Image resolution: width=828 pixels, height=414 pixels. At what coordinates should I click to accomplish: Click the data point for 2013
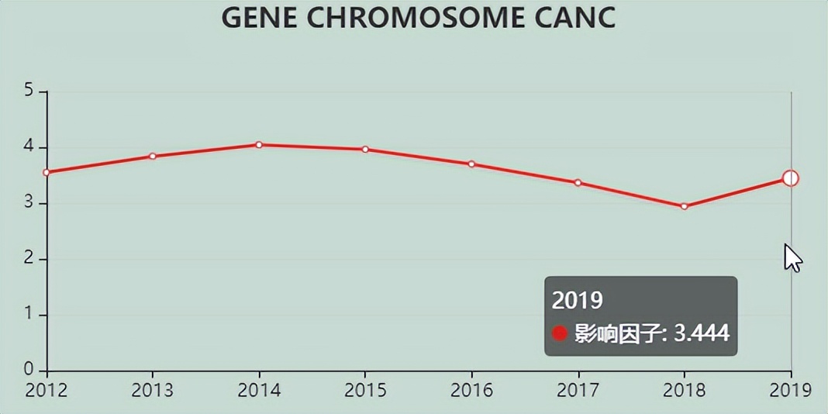[153, 156]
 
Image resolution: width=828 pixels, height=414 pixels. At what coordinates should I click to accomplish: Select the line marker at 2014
[259, 144]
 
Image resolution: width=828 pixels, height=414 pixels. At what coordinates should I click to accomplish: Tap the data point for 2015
[365, 149]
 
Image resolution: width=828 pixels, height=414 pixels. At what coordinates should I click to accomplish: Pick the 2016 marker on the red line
[471, 164]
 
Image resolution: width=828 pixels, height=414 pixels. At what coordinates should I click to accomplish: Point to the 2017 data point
[578, 182]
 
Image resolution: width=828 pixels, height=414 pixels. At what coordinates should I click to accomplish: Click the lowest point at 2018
[684, 206]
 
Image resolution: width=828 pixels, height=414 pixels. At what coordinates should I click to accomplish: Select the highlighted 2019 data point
[790, 178]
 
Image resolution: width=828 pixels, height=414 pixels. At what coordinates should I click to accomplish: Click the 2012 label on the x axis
[47, 390]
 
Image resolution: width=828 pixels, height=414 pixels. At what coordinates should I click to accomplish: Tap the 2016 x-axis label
[471, 390]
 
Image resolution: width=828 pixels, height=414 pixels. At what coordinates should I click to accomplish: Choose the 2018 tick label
[684, 390]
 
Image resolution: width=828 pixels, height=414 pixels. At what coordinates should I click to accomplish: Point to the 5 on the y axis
[29, 91]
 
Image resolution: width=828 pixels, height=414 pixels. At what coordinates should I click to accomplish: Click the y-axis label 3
[29, 203]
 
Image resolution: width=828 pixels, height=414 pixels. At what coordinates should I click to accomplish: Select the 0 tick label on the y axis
[29, 370]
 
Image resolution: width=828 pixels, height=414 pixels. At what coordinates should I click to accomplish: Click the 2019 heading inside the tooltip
[577, 300]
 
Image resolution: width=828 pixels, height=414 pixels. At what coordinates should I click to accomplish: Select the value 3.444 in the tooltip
[702, 333]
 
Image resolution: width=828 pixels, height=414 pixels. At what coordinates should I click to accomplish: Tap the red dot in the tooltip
[560, 333]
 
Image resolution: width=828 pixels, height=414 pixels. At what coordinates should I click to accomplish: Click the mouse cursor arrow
[792, 257]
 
